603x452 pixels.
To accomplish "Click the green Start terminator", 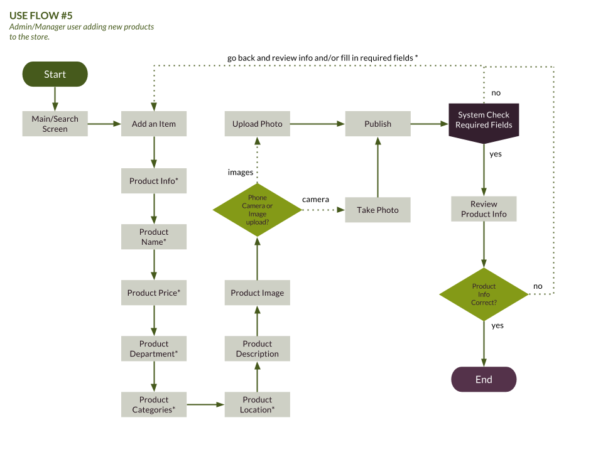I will [x=55, y=74].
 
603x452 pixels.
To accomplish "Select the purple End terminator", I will [x=484, y=379].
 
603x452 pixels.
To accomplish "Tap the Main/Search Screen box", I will [x=55, y=124].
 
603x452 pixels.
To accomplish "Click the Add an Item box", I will [x=154, y=124].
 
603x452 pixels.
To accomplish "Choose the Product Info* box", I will [x=154, y=181].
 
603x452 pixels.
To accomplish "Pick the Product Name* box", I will [x=154, y=237].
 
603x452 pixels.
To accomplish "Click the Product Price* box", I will [x=154, y=293].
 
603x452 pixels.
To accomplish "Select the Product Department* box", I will [x=154, y=348].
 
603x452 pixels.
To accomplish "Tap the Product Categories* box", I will [x=154, y=404].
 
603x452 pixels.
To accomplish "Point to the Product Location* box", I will [x=257, y=404].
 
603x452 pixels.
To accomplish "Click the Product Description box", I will [x=257, y=348].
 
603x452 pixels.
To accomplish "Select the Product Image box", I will [x=257, y=293].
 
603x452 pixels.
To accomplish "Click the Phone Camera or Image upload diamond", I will [x=257, y=210].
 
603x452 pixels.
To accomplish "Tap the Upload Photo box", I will [x=257, y=124].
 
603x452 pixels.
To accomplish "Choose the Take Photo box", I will [x=378, y=210].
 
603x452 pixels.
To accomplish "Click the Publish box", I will [x=378, y=124].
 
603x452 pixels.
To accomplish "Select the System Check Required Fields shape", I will [x=484, y=121].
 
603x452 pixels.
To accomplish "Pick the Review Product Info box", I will [x=484, y=208].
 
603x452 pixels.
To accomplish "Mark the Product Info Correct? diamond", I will [x=484, y=294].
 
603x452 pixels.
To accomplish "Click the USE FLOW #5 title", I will [x=41, y=16].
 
